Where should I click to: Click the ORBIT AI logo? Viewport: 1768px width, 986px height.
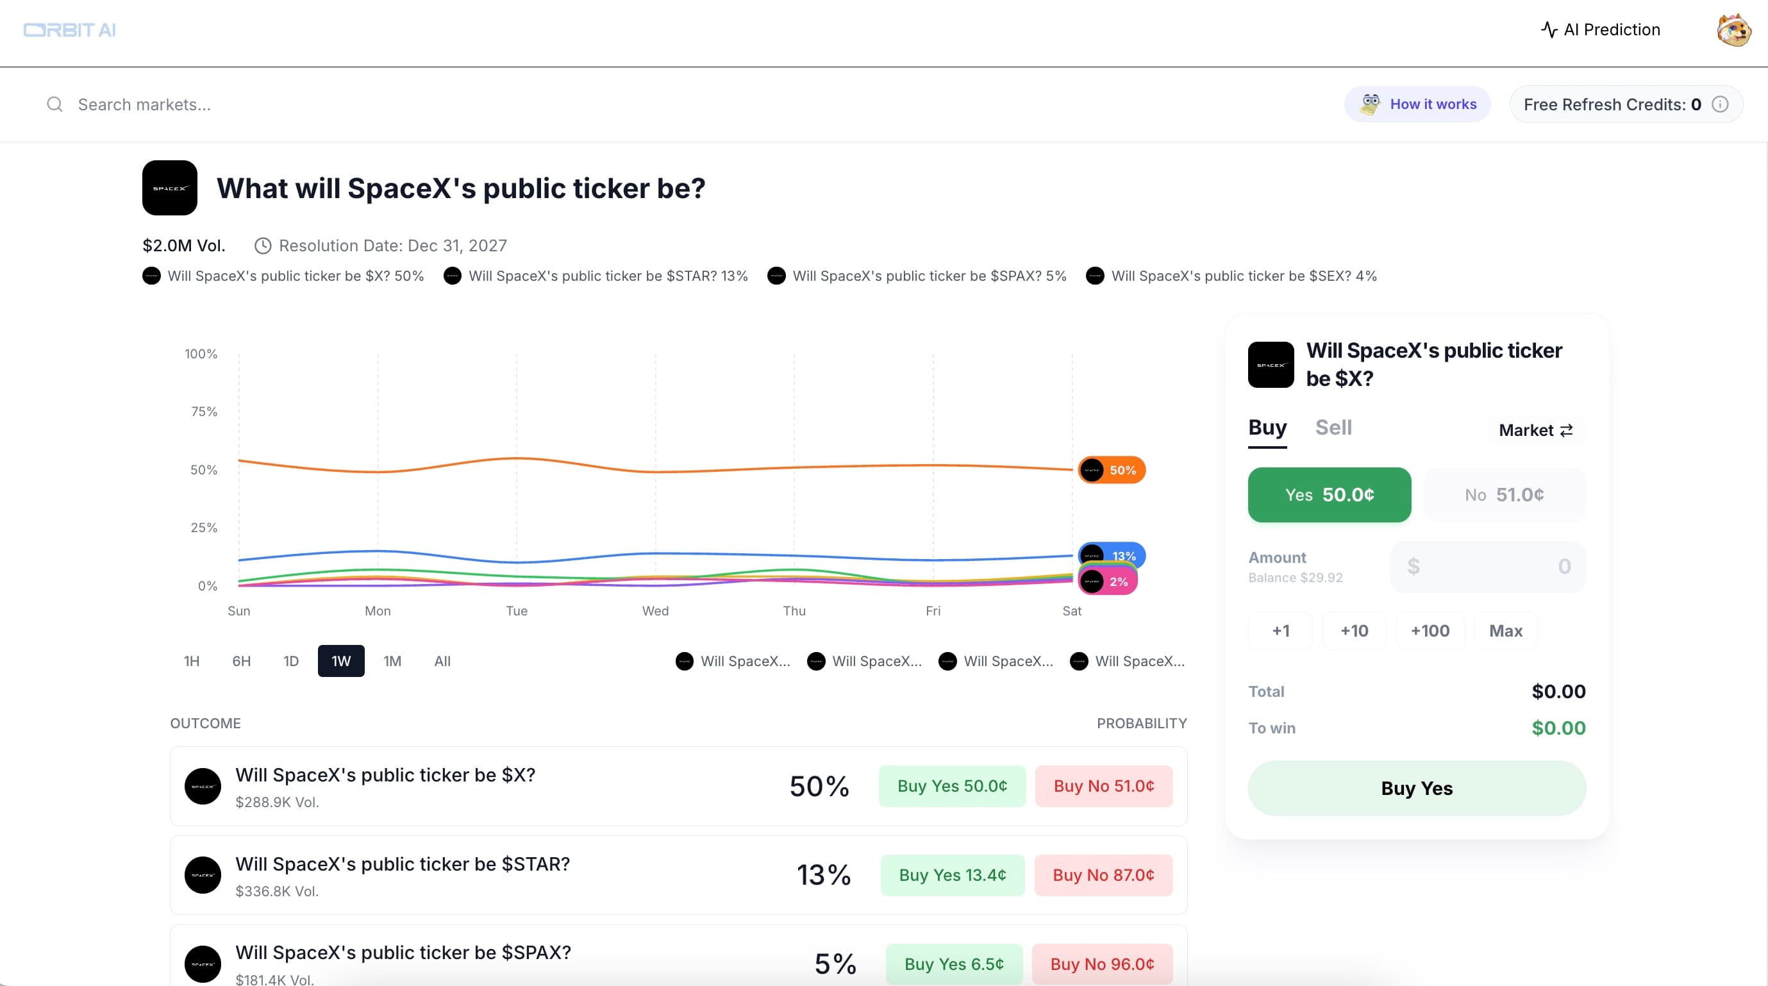pyautogui.click(x=69, y=30)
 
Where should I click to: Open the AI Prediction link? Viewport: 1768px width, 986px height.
pyautogui.click(x=1601, y=29)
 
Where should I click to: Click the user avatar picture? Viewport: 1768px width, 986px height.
pyautogui.click(x=1733, y=30)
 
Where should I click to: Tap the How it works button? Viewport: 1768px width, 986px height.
pyautogui.click(x=1417, y=104)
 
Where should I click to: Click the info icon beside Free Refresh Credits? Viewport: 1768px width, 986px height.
pyautogui.click(x=1720, y=104)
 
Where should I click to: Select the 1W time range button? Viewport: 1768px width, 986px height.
pyautogui.click(x=340, y=661)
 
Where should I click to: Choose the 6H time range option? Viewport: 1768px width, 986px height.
pyautogui.click(x=241, y=661)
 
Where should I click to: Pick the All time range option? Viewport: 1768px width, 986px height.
pyautogui.click(x=442, y=661)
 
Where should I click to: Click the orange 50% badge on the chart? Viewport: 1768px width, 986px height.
pyautogui.click(x=1112, y=470)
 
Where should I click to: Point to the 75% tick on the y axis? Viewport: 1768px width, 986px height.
pyautogui.click(x=204, y=412)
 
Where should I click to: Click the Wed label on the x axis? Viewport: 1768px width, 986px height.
pyautogui.click(x=655, y=611)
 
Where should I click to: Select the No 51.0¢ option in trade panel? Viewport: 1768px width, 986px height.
pyautogui.click(x=1504, y=495)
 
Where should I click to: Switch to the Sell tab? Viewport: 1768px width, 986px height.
pyautogui.click(x=1333, y=428)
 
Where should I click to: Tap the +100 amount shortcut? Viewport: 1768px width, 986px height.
pyautogui.click(x=1430, y=631)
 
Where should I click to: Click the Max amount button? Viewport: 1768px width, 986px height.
pyautogui.click(x=1505, y=631)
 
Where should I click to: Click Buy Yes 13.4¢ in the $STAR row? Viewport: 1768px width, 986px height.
pyautogui.click(x=952, y=875)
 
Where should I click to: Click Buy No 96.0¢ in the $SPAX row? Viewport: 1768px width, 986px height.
pyautogui.click(x=1101, y=964)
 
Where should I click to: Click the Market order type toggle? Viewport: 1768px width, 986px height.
pyautogui.click(x=1535, y=430)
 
